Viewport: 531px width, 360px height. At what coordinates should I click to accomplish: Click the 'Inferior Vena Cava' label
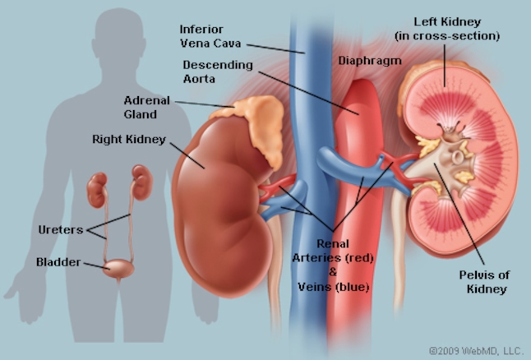(210, 36)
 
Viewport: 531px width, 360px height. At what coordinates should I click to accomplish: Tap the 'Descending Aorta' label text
(218, 72)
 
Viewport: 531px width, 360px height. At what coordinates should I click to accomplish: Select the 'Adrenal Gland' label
(146, 108)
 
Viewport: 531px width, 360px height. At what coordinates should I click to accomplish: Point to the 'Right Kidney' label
(129, 139)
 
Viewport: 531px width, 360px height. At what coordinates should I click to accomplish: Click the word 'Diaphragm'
(370, 61)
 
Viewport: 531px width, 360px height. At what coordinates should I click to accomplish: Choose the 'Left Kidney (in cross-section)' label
(447, 29)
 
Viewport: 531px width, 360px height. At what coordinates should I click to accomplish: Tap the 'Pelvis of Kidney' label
(485, 282)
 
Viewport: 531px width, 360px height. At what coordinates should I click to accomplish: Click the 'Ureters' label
(61, 230)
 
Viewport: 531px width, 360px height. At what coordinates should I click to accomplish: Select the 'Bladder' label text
(58, 262)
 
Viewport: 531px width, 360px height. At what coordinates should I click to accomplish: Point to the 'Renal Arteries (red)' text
(333, 251)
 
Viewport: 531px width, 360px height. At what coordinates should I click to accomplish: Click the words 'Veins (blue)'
(333, 287)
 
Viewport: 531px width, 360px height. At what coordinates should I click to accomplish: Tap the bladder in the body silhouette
(118, 269)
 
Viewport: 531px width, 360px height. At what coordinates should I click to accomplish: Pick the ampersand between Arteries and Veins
(333, 272)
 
